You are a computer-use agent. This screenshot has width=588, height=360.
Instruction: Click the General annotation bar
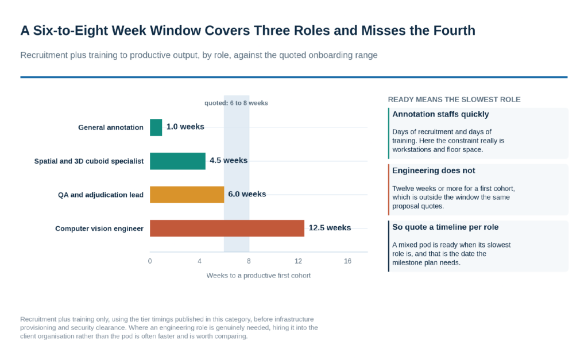[156, 127]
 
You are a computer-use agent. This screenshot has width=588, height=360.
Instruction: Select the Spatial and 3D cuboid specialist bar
[178, 161]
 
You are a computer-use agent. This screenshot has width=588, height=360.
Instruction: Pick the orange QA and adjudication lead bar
[187, 195]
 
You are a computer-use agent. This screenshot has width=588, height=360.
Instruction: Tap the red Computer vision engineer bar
[227, 229]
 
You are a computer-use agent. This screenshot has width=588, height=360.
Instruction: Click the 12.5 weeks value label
[330, 228]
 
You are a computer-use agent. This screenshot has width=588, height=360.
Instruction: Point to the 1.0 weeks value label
[185, 127]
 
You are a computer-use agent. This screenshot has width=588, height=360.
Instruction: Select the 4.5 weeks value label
[229, 161]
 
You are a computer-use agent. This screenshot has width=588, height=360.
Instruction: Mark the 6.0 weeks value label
[247, 194]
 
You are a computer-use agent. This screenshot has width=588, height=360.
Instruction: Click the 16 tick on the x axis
[347, 261]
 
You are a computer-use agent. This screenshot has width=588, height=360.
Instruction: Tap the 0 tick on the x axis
[150, 261]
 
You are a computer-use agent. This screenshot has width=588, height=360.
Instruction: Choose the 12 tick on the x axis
[298, 261]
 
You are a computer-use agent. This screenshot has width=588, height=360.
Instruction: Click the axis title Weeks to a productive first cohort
[258, 276]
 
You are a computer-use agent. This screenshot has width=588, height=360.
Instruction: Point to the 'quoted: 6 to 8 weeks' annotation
[236, 103]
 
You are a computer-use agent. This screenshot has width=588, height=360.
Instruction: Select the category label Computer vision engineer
[99, 229]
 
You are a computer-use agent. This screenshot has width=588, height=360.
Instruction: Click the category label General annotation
[111, 127]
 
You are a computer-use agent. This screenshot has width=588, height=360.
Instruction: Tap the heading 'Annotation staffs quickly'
[440, 114]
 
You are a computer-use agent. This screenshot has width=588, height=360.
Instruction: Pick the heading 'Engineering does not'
[434, 171]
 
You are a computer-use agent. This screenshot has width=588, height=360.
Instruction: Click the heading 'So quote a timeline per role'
[446, 227]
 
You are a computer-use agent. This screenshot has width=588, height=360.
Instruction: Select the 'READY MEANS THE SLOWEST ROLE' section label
[454, 99]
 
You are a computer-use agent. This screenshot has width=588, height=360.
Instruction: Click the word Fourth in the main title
[455, 30]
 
